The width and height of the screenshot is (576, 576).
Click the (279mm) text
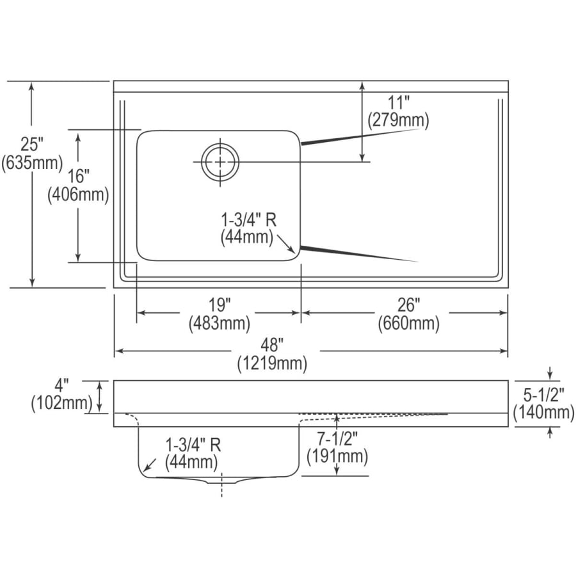397,119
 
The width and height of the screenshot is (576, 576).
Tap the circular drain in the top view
220,161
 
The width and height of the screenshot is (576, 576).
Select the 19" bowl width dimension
219,305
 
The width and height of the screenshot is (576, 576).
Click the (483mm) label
219,324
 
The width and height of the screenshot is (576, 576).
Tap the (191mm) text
337,456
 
